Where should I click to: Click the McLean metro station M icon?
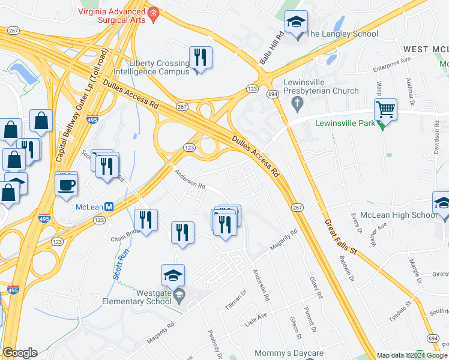(x=109, y=207)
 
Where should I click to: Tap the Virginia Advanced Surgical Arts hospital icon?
(x=154, y=13)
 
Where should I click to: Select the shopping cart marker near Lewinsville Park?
(x=385, y=110)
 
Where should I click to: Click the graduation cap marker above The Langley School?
(x=295, y=23)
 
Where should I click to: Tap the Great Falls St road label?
(x=340, y=236)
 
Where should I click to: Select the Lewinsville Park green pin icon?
(x=381, y=124)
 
